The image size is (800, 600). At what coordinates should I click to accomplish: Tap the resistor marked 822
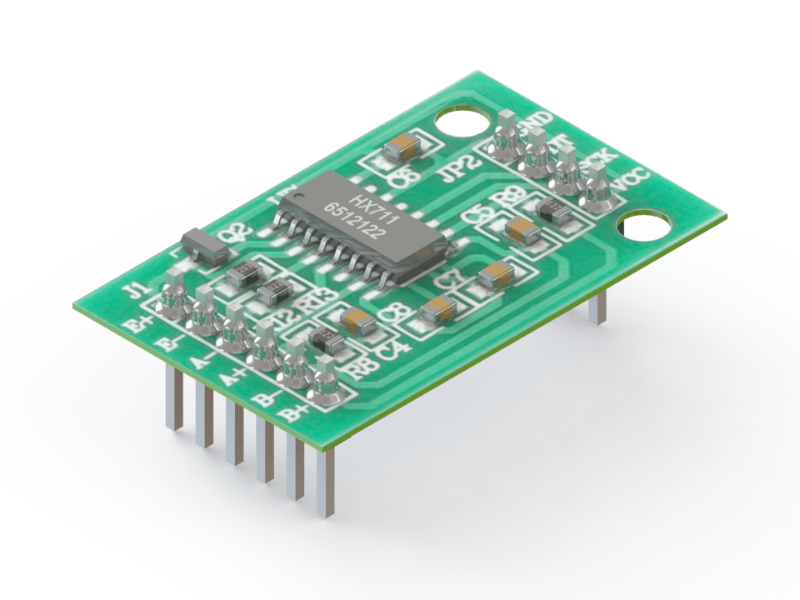click(x=273, y=291)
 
